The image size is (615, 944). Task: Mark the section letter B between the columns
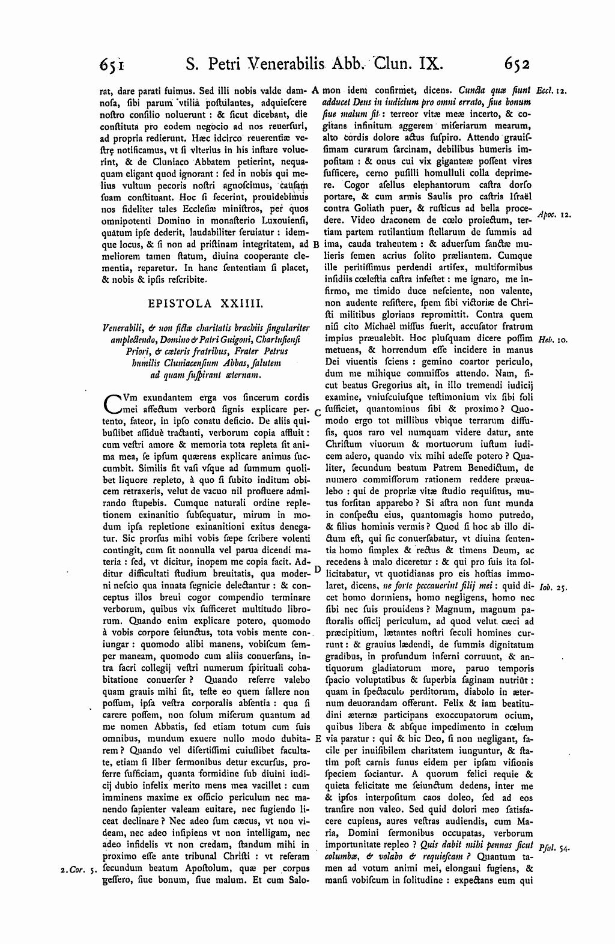click(x=317, y=244)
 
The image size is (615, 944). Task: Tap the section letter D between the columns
click(x=317, y=569)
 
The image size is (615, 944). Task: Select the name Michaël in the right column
click(x=411, y=327)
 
